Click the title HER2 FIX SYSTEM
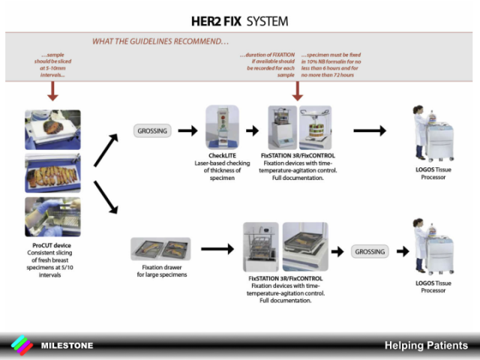click(239, 20)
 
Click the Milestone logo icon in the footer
click(22, 345)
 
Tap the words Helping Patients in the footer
click(426, 346)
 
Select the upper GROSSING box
click(153, 130)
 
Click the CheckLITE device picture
click(222, 127)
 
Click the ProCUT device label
click(52, 246)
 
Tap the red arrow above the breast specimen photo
click(52, 91)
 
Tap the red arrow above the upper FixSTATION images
click(298, 91)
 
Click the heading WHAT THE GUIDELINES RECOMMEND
click(160, 41)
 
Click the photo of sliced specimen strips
click(52, 173)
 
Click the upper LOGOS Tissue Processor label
click(434, 173)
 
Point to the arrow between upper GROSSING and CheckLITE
click(187, 130)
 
